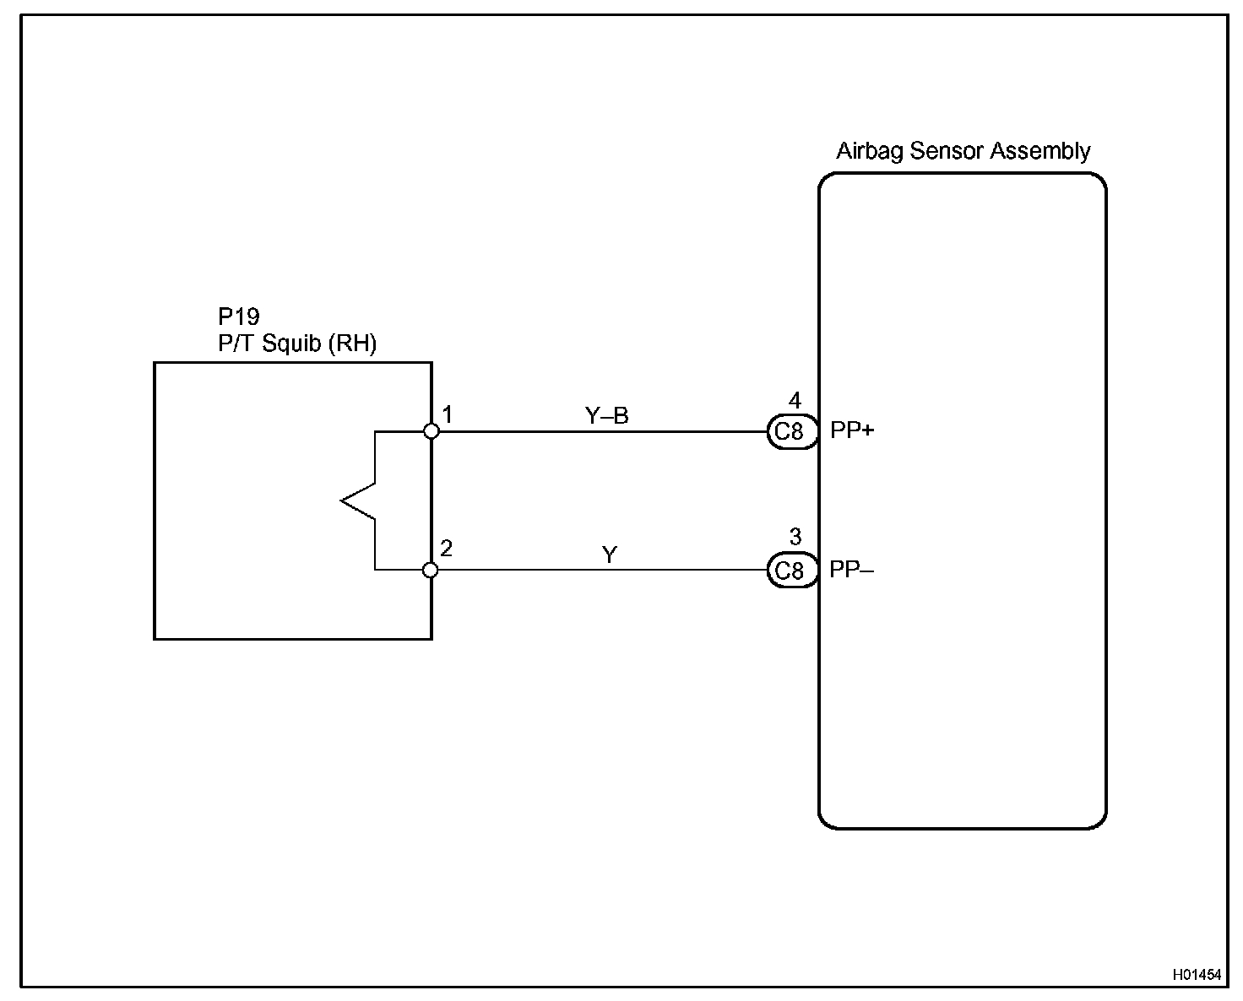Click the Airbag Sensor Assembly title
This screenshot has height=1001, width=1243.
[x=963, y=151]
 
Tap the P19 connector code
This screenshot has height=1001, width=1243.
[x=239, y=317]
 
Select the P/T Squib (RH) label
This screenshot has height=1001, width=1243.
[x=297, y=344]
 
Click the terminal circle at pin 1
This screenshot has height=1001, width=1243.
[x=432, y=431]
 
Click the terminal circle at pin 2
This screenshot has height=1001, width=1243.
[x=431, y=570]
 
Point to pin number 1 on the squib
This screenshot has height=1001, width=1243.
[x=448, y=414]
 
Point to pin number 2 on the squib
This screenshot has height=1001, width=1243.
[x=447, y=549]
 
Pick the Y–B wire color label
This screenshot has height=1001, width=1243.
[x=607, y=415]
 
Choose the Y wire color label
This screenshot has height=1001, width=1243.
[x=610, y=555]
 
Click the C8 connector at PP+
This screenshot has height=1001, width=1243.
[x=790, y=431]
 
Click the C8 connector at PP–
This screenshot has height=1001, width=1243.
[x=790, y=571]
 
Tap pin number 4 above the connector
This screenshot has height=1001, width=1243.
[x=795, y=401]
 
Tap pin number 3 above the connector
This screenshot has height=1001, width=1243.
[x=795, y=538]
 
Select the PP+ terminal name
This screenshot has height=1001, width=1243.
[x=852, y=430]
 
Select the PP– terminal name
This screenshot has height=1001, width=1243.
[x=851, y=570]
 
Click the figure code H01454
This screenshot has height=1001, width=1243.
[x=1197, y=974]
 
